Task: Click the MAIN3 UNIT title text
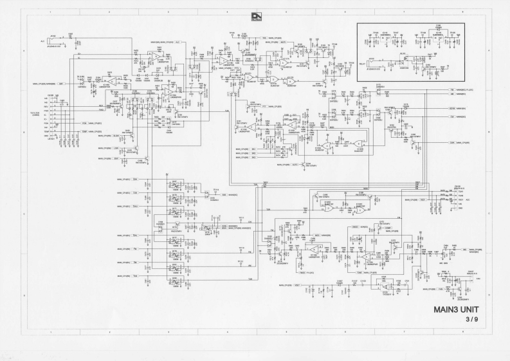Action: tap(456, 309)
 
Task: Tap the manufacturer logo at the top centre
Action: tap(255, 16)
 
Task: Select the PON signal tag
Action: tap(84, 122)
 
